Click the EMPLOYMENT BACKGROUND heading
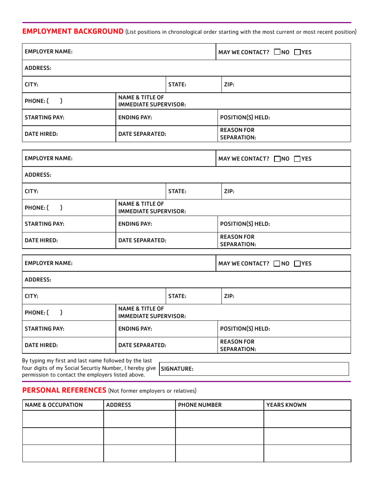73,31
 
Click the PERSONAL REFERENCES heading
64,390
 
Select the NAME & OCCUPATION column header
54,405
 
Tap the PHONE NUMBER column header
200,405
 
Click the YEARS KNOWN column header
286,405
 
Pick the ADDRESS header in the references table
119,405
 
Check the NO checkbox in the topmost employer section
277,52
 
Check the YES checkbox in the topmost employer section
297,52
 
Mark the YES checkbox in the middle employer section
297,159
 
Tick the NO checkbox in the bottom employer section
277,263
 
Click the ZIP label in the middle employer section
229,191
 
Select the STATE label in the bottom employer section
177,296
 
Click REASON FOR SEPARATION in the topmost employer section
238,134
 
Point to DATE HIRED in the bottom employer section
41,345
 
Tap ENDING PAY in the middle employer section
135,224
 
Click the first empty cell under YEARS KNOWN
307,419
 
